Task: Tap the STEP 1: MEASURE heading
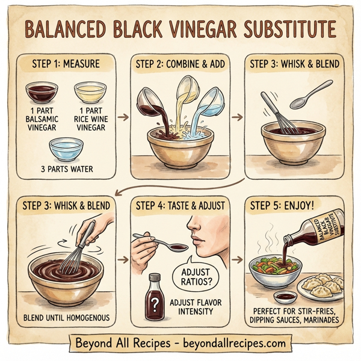(x=64, y=62)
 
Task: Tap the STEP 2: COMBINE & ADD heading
(x=180, y=62)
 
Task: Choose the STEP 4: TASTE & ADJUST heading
(x=180, y=205)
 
